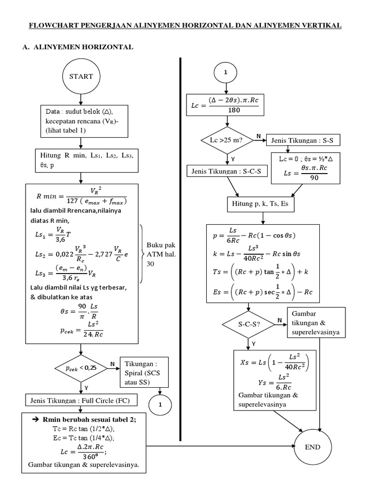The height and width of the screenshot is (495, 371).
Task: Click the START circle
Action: pos(81,76)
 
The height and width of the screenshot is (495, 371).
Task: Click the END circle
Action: pos(313,447)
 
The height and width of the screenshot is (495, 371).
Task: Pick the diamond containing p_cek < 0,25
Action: pos(81,368)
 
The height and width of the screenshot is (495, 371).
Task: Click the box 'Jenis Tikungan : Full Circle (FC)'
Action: pos(81,400)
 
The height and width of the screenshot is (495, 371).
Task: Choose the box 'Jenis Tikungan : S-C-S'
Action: pos(227,171)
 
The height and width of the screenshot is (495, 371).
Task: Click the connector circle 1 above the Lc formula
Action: pos(225,73)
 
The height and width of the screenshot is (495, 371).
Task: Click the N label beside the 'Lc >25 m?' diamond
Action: pos(259,137)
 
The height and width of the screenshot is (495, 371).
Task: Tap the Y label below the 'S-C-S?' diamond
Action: pos(254,343)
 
